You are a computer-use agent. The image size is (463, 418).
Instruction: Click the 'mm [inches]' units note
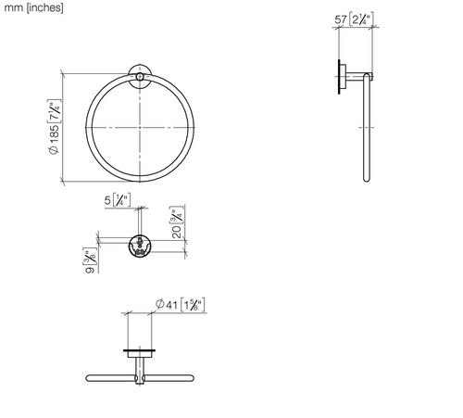point(33,7)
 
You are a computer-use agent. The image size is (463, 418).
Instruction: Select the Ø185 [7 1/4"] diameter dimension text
point(55,127)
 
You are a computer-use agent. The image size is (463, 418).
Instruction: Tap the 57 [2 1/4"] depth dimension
point(354,19)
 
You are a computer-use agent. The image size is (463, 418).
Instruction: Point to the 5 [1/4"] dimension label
point(118,200)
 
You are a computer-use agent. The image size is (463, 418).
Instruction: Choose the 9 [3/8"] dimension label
point(90,260)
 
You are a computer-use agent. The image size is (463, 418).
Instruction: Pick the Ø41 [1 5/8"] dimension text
point(180,305)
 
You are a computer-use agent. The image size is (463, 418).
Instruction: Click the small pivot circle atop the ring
point(140,77)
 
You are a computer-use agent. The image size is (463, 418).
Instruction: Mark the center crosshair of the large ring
point(140,127)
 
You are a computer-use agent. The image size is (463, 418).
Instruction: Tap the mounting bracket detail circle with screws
point(140,246)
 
